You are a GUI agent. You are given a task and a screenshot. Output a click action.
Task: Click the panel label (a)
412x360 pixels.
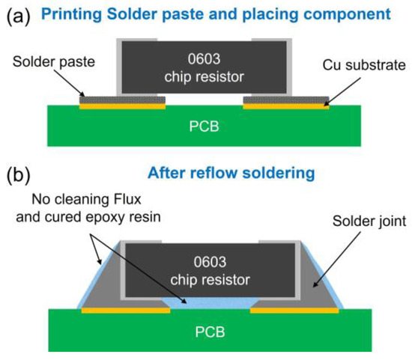(x=18, y=14)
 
